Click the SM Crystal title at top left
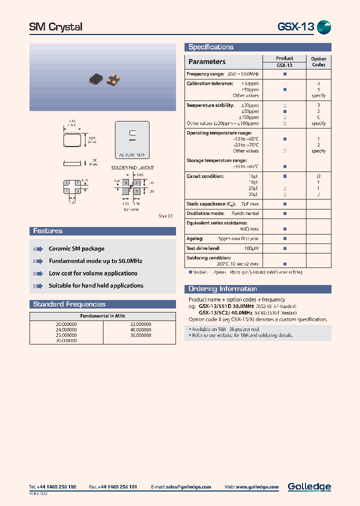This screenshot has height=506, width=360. point(56,27)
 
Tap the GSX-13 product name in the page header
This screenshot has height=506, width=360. point(295,27)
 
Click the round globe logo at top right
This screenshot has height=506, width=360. point(324,27)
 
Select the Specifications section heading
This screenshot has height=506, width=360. point(211,47)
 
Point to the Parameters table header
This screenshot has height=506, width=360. point(206,61)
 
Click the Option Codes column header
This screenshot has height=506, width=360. point(318,61)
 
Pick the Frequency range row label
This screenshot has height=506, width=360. point(201,74)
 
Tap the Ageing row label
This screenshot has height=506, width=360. point(195,238)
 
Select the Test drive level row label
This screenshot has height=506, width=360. point(203,248)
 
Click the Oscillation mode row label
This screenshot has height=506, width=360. point(204,213)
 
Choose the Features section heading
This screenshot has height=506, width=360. point(48,231)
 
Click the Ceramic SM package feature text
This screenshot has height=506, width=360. point(76,248)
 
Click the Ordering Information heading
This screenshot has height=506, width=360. point(222,289)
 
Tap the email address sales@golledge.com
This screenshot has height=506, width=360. point(188,486)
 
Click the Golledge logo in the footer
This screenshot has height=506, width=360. point(309,486)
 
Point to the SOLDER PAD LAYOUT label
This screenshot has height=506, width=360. point(132,168)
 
